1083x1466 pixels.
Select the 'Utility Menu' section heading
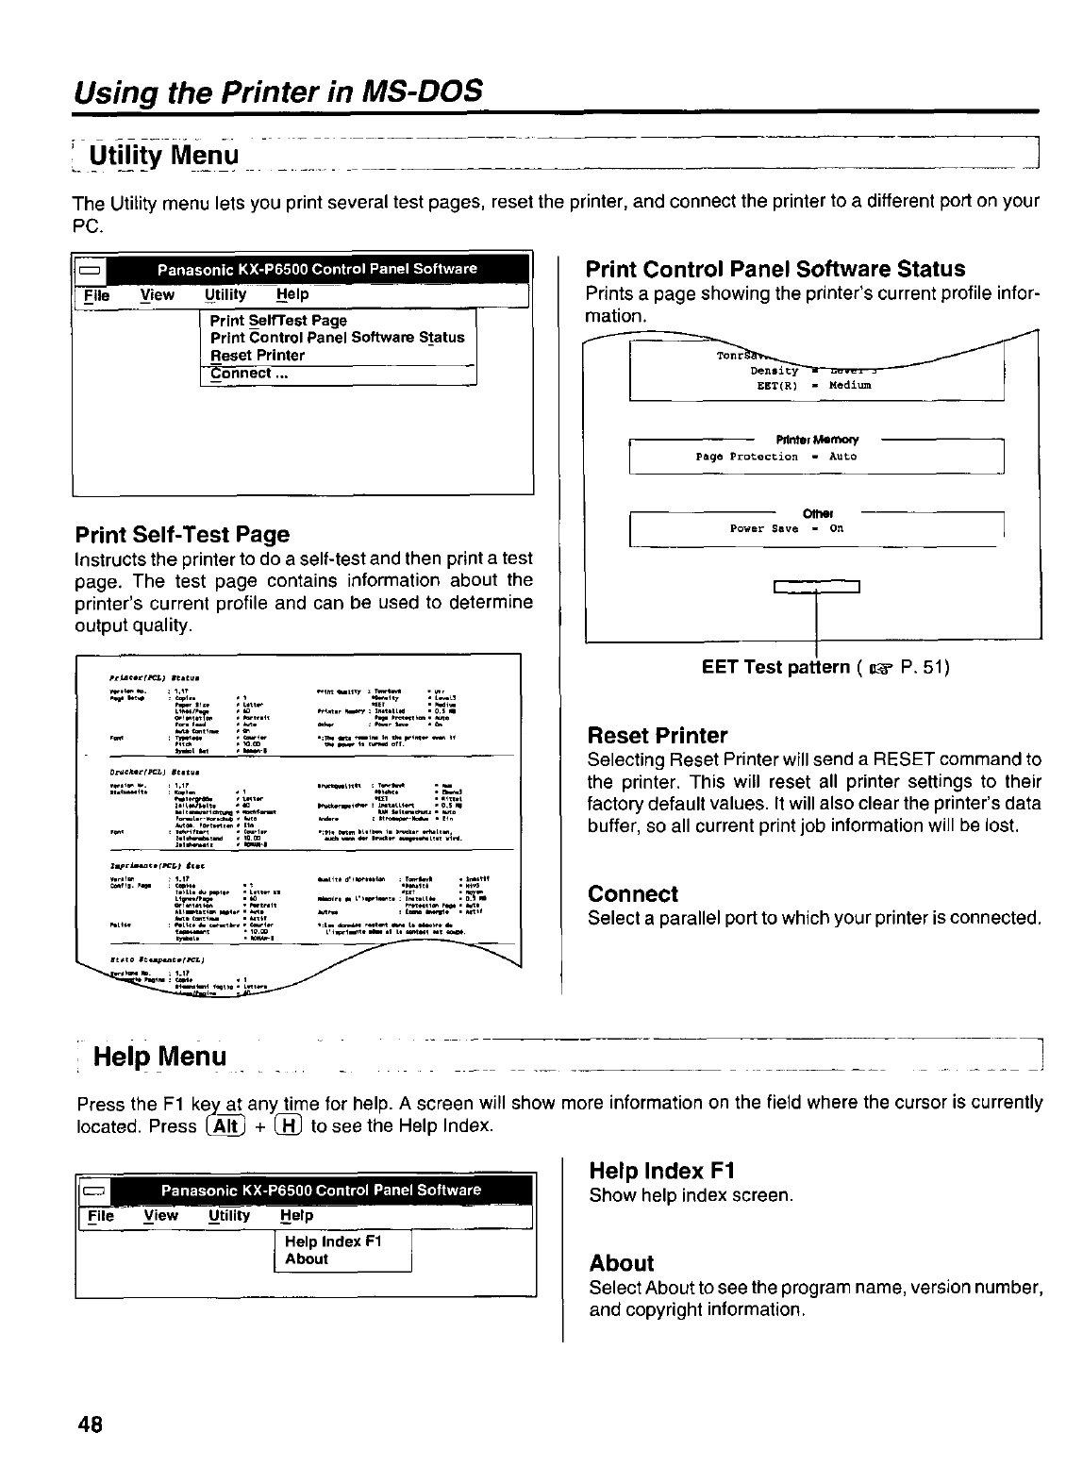tap(163, 153)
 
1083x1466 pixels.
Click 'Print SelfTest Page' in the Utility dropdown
tap(278, 321)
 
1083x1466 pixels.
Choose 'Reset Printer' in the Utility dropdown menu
tap(258, 356)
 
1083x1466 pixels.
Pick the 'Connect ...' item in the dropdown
tap(248, 374)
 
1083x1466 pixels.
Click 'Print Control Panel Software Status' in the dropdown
tap(337, 338)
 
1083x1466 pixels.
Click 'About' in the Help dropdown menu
tap(306, 1259)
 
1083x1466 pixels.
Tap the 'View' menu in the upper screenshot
tap(158, 295)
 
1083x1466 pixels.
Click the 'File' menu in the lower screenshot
tap(99, 1217)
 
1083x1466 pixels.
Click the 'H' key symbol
tap(286, 1126)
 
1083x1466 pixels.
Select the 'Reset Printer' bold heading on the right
tap(657, 736)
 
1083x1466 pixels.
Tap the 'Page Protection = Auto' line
tap(775, 457)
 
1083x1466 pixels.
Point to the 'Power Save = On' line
tap(787, 529)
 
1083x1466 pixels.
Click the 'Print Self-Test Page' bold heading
tap(181, 535)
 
